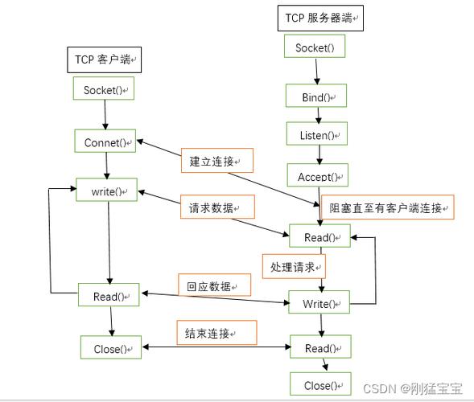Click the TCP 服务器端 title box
click(319, 18)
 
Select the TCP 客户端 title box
click(102, 59)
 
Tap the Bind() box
click(317, 97)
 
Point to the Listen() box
click(317, 135)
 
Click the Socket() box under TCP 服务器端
click(314, 47)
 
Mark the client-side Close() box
click(111, 348)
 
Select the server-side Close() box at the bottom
click(321, 385)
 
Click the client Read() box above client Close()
click(109, 297)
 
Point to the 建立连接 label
click(216, 161)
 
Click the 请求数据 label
click(216, 207)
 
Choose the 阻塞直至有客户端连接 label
click(386, 207)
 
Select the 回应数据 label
click(213, 285)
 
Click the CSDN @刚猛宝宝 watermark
click(413, 389)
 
